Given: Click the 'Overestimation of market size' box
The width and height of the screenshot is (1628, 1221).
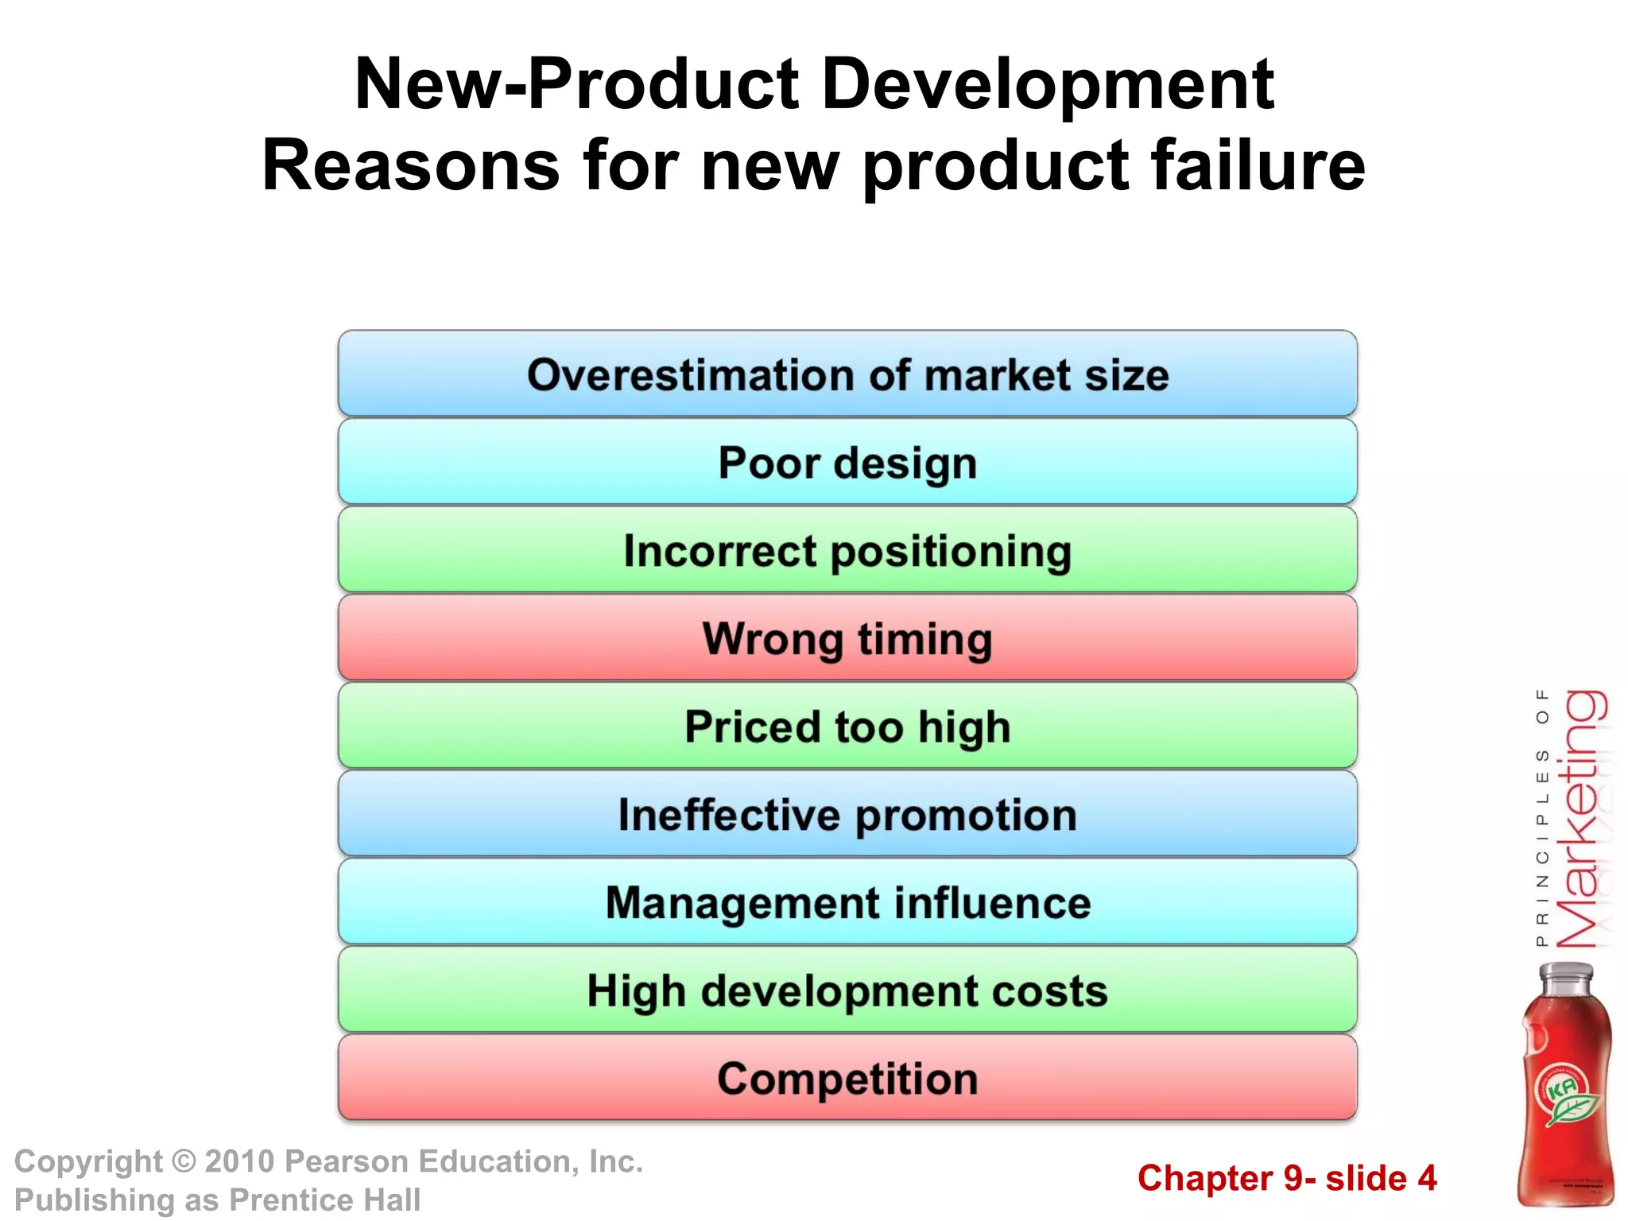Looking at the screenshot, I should tap(847, 374).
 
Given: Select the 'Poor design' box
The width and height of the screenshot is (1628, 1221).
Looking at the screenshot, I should tap(847, 463).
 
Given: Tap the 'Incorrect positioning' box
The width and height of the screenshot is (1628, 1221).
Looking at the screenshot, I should tap(847, 551).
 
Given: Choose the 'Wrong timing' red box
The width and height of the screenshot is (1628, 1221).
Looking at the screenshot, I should tap(847, 638).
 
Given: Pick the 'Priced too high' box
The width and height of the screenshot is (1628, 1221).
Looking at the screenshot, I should tap(847, 727).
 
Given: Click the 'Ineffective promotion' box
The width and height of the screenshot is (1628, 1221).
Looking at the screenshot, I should tap(847, 815).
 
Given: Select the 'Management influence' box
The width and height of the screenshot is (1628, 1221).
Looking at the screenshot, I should tap(847, 902).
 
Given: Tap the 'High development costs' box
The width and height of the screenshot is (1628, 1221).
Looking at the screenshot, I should tap(847, 990).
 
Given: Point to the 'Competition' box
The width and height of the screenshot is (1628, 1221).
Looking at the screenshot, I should tap(847, 1079).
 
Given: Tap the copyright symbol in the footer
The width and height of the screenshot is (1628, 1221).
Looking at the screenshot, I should tap(184, 1162).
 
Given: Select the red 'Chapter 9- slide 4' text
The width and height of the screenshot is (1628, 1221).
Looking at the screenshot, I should tap(1287, 1178).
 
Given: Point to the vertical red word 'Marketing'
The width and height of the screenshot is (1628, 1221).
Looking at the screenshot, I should tap(1580, 819).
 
